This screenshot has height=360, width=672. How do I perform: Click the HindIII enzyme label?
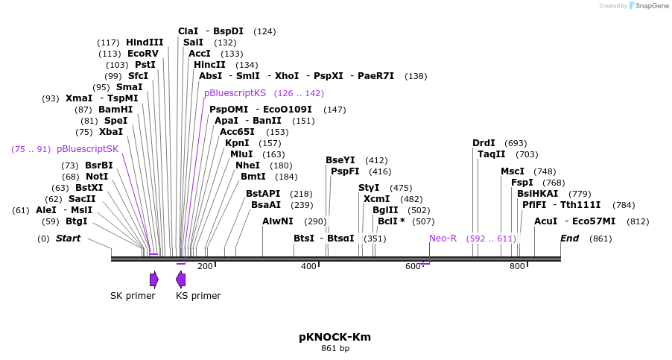pos(145,42)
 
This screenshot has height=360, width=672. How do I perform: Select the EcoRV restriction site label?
pos(143,54)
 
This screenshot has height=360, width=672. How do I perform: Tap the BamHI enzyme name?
pos(115,110)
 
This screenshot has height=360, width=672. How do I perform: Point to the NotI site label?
pos(96,177)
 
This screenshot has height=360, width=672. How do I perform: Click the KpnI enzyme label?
pos(237,143)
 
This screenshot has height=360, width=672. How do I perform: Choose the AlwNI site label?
pos(278,221)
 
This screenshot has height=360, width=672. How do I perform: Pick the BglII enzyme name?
pos(385,210)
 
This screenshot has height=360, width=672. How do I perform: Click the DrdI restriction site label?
pos(484,143)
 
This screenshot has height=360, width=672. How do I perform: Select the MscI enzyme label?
pos(513,171)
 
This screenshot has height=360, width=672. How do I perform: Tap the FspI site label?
pos(522,183)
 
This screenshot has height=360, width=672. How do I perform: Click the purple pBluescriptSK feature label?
pos(87,149)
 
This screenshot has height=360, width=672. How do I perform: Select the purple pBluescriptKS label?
pos(235,93)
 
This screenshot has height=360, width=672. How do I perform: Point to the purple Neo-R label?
pos(443,239)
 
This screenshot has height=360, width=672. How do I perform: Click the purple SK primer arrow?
pos(154,280)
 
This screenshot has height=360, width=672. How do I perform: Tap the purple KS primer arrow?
pos(181,280)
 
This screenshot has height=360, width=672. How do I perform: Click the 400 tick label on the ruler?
pos(308,266)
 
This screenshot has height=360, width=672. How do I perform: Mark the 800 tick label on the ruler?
pos(517,266)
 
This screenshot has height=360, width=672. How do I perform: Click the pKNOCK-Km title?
pos(335,337)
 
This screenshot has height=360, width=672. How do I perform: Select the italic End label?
pos(570,239)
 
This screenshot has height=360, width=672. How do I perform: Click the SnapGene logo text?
pos(652,5)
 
